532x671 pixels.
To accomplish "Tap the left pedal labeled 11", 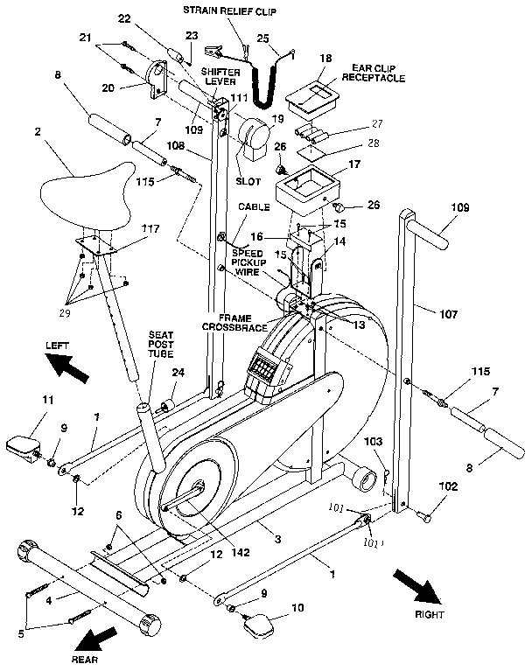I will coord(27,445).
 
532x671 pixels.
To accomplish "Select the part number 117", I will coord(151,229).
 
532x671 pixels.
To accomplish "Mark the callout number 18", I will coord(325,58).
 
